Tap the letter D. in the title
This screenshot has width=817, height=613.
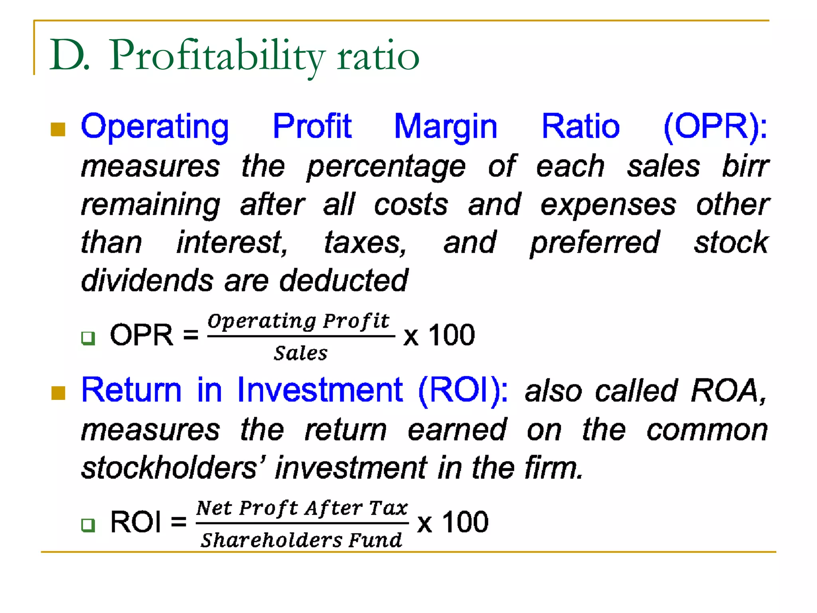coord(70,56)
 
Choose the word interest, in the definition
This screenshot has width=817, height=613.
coord(232,243)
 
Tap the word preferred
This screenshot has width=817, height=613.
coord(595,243)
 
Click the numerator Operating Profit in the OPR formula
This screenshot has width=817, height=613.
coord(298,321)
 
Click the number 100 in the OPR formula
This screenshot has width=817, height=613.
coord(452,335)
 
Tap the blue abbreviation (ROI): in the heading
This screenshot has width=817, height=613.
coord(463,390)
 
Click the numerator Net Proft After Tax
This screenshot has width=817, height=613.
coord(302,508)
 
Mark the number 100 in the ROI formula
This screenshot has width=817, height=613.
coord(465,522)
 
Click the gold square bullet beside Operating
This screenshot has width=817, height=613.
coord(58,129)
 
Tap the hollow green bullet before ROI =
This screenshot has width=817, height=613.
coord(88,525)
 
